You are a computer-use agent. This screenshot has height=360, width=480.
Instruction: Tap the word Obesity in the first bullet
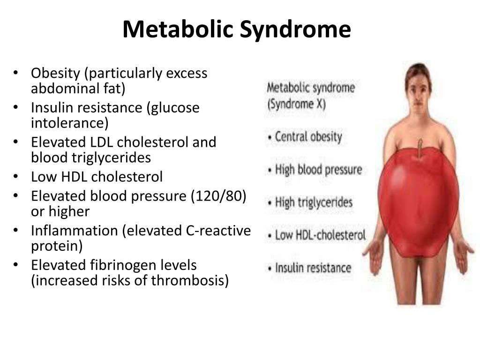tap(55, 74)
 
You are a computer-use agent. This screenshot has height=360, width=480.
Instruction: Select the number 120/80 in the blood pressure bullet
tap(218, 196)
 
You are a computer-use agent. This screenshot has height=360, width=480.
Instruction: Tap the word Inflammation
tap(75, 231)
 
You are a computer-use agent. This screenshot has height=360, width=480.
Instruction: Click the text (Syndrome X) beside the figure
tap(296, 104)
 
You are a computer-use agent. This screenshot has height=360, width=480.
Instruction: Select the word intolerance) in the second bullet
tap(69, 123)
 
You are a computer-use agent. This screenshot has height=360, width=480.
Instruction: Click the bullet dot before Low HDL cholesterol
tap(15, 177)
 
